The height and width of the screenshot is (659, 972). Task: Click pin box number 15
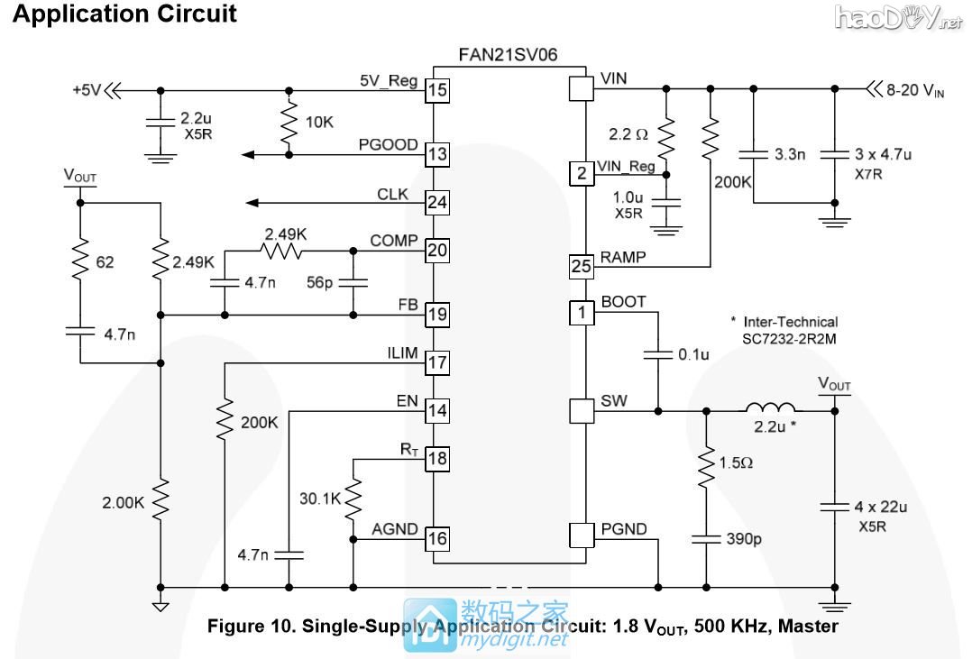(437, 90)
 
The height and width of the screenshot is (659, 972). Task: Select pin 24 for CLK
(437, 202)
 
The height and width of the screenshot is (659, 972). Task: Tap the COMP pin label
(393, 241)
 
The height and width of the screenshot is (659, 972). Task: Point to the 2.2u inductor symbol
(769, 407)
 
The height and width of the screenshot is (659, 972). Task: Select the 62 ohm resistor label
(106, 262)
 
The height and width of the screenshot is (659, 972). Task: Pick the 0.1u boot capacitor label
(693, 355)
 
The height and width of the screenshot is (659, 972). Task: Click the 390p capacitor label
(744, 540)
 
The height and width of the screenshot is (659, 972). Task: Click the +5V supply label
(88, 90)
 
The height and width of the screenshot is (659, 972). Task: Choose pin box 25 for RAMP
(582, 266)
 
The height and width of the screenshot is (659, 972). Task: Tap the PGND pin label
(624, 529)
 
